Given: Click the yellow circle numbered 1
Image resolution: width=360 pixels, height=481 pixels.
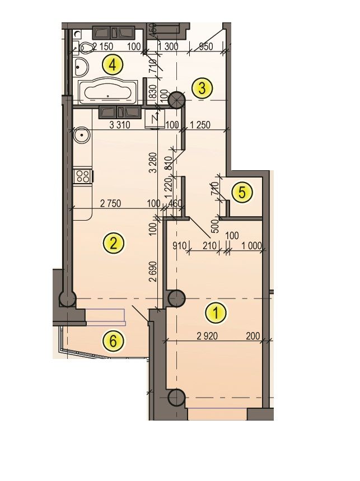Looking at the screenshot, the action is tap(216, 313).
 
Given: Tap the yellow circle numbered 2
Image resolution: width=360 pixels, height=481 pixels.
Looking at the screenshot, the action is tap(114, 243).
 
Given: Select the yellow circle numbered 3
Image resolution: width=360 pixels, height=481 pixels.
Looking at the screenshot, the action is tap(202, 88).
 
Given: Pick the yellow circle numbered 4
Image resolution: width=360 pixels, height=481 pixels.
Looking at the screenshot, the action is tap(113, 65).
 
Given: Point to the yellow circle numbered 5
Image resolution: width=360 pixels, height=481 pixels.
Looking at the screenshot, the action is tap(242, 193).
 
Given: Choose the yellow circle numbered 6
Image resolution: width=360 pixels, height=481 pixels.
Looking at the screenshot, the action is tap(114, 340).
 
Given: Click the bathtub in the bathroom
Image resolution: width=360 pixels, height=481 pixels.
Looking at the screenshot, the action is tap(109, 91).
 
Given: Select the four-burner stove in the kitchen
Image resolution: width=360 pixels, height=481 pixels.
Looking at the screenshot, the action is tap(82, 176).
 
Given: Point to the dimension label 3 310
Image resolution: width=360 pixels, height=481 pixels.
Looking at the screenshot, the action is tap(120, 125).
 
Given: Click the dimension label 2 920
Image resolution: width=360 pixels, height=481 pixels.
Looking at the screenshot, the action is tap(207, 336).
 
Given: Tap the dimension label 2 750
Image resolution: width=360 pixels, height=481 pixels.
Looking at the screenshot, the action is tap(110, 203).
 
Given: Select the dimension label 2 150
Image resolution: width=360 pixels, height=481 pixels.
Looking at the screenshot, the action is tap(102, 46).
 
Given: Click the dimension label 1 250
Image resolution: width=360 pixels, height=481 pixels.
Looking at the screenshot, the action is tap(200, 125).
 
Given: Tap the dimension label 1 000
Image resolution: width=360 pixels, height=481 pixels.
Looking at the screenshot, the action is tap(251, 245).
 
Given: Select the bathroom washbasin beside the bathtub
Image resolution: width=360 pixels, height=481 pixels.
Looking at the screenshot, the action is tap(81, 67).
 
